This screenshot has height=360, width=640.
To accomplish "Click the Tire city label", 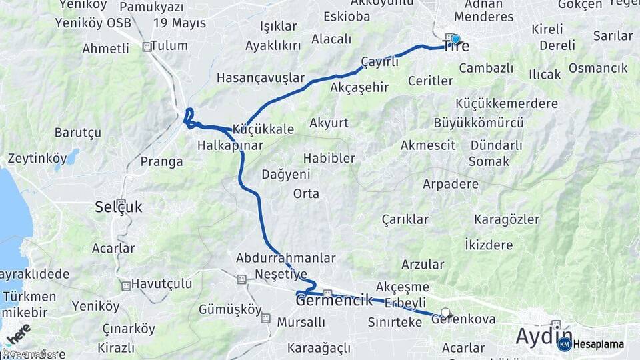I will pyautogui.click(x=456, y=47).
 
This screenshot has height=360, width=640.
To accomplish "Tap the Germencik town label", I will pyautogui.click(x=334, y=301).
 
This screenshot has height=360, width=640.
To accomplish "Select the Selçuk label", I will pyautogui.click(x=118, y=207).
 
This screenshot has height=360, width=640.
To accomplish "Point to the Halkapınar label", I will pyautogui.click(x=230, y=145).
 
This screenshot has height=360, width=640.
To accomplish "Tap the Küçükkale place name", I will pyautogui.click(x=263, y=129).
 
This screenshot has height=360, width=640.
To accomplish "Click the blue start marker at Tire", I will pyautogui.click(x=456, y=39).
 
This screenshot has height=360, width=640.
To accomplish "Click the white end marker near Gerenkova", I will pyautogui.click(x=446, y=312).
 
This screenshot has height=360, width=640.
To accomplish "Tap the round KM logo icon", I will pyautogui.click(x=564, y=344).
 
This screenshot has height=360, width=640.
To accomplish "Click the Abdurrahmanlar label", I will pyautogui.click(x=285, y=257).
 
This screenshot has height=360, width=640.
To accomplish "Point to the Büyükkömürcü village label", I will pyautogui.click(x=469, y=123).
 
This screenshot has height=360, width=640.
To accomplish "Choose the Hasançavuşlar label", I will pyautogui.click(x=261, y=77).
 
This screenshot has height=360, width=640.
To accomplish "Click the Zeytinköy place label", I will pyautogui.click(x=37, y=159).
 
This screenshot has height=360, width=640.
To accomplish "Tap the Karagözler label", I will pyautogui.click(x=507, y=219).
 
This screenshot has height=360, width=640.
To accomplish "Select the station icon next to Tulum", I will pyautogui.click(x=147, y=47).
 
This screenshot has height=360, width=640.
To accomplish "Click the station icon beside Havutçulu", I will pyautogui.click(x=126, y=286).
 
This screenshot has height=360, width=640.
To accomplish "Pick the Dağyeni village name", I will pyautogui.click(x=286, y=174).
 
